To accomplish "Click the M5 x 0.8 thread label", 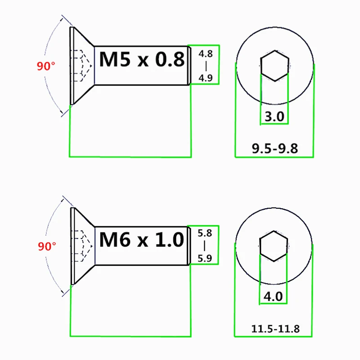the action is point(142,59).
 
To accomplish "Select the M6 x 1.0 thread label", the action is point(142,239).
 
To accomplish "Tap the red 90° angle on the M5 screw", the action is point(46,66).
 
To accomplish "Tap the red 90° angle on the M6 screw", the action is point(47,246).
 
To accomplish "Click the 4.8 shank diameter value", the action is point(206,54).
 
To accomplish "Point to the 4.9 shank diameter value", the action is point(206,78).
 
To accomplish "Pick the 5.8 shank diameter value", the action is point(205,233).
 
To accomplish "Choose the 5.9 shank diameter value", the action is point(205,258).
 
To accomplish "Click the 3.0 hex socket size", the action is point(274,116).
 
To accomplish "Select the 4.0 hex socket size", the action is point(273,297).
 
